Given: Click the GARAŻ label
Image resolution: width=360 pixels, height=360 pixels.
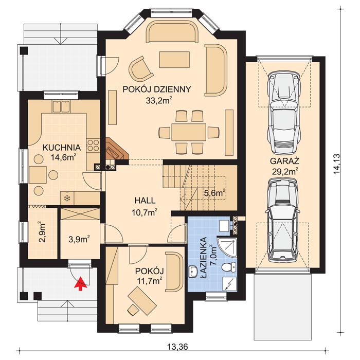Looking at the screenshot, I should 284,159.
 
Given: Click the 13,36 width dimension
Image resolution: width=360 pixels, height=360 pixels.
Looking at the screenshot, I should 176,346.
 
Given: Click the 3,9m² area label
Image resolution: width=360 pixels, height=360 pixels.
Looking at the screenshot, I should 79,239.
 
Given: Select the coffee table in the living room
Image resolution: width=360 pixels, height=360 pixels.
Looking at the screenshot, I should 172,59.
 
